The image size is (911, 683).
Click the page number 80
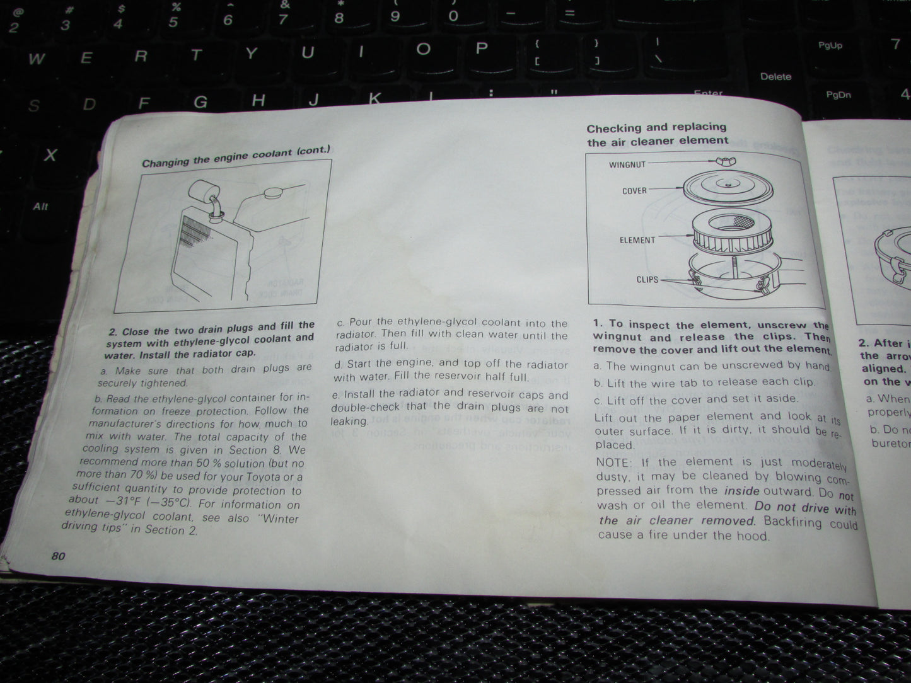point(58,556)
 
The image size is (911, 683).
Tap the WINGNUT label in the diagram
point(627,165)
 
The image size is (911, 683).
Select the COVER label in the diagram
point(634,191)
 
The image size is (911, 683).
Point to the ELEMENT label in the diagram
point(637,240)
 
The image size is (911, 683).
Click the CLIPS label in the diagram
point(647,280)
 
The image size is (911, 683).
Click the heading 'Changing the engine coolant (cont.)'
point(236,156)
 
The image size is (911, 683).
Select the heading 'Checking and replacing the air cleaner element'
point(657,134)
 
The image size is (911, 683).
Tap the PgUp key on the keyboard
point(830,45)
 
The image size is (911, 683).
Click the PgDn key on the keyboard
point(838,95)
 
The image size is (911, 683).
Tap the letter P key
point(482,49)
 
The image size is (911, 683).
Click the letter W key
point(37,59)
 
